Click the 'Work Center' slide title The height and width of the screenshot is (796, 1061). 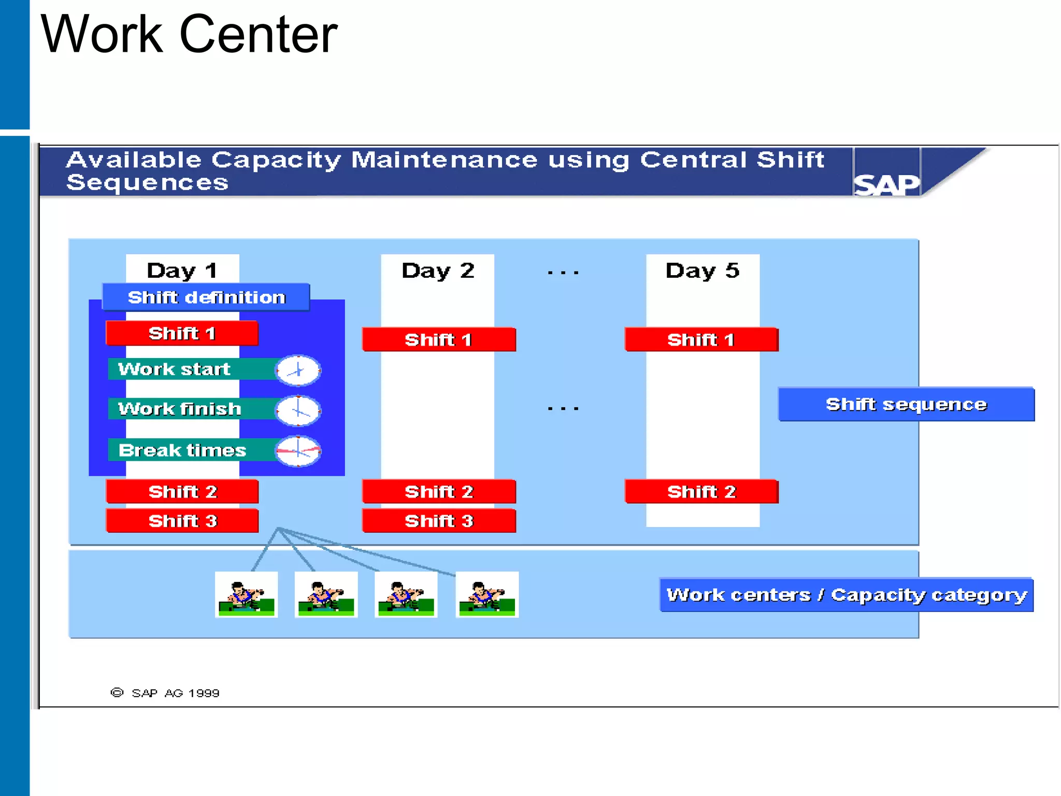click(x=189, y=34)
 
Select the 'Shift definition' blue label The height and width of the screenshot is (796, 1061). click(x=206, y=297)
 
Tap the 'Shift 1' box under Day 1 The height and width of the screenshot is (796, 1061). click(x=182, y=333)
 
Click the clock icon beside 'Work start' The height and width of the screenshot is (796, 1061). click(x=298, y=371)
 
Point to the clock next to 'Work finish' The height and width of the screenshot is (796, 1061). click(x=298, y=410)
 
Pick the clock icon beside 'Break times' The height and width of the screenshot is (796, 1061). click(x=298, y=451)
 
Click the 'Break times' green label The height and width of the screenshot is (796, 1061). click(x=182, y=450)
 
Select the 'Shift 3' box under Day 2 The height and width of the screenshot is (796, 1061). click(x=439, y=521)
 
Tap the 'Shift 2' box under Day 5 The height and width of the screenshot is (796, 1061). click(x=701, y=491)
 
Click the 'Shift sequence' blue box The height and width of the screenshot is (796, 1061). click(x=906, y=404)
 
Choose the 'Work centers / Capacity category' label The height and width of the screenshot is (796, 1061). click(x=846, y=595)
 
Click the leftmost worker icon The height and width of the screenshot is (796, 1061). click(x=247, y=595)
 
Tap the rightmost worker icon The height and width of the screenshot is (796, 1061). click(x=487, y=595)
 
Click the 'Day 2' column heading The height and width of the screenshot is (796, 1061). click(x=438, y=271)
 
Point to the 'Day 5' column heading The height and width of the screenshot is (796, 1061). click(x=702, y=271)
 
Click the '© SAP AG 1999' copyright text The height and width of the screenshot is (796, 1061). click(x=165, y=693)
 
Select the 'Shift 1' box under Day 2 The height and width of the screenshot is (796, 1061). click(x=439, y=340)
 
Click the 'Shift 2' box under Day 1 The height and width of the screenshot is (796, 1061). click(x=182, y=491)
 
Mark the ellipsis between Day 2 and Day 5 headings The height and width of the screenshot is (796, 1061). click(x=563, y=272)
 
